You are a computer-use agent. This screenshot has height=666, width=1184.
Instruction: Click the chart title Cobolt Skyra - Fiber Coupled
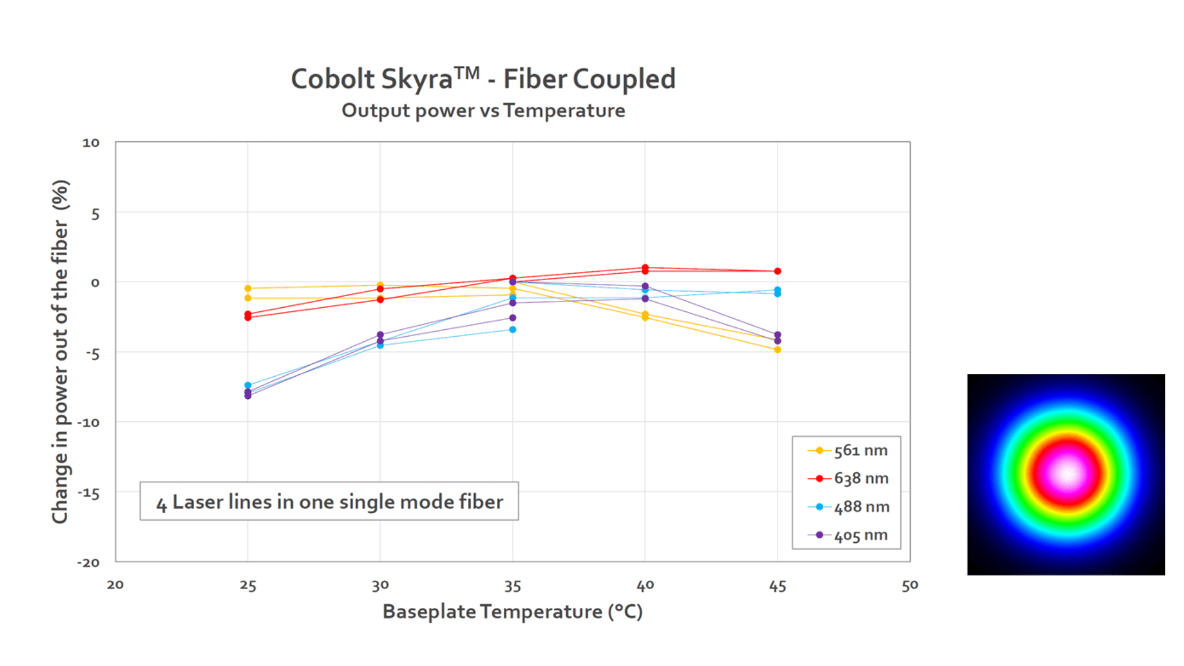pyautogui.click(x=483, y=80)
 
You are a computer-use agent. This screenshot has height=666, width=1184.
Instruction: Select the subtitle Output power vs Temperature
pyautogui.click(x=483, y=111)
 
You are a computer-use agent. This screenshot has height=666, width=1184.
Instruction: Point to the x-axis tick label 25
pyautogui.click(x=248, y=586)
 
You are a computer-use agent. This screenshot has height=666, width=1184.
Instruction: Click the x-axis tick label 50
pyautogui.click(x=910, y=586)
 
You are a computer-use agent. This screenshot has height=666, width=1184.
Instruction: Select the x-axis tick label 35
pyautogui.click(x=512, y=586)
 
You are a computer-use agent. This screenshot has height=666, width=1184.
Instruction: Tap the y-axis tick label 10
pyautogui.click(x=91, y=143)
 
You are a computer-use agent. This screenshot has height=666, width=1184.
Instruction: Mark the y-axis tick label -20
pyautogui.click(x=88, y=562)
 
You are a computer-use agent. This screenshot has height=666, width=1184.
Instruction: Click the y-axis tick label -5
pyautogui.click(x=92, y=354)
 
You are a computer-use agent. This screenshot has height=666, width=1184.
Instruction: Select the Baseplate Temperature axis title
pyautogui.click(x=512, y=612)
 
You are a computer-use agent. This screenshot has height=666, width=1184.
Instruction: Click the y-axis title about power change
pyautogui.click(x=60, y=351)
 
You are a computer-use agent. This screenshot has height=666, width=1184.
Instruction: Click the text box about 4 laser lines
pyautogui.click(x=329, y=501)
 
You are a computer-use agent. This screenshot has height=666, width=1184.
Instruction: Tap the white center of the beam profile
pyautogui.click(x=1067, y=474)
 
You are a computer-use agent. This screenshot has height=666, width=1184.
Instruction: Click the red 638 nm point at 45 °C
pyautogui.click(x=778, y=271)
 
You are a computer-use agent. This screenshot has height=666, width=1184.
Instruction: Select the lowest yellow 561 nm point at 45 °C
pyautogui.click(x=778, y=350)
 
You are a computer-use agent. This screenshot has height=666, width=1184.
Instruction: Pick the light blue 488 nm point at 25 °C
pyautogui.click(x=248, y=385)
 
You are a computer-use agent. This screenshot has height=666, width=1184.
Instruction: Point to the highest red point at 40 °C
pyautogui.click(x=645, y=268)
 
